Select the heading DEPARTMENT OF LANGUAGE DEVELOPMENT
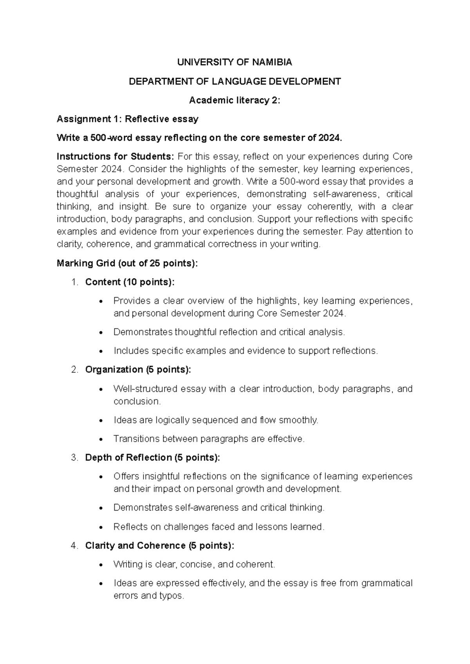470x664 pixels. (235, 81)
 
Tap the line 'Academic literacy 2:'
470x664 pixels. (235, 100)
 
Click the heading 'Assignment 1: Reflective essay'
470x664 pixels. (128, 119)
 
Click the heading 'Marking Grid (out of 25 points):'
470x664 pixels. (128, 263)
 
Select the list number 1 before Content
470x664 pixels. (74, 282)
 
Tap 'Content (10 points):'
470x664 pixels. (130, 282)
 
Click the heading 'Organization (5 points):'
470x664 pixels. (138, 370)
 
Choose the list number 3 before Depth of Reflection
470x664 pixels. (74, 458)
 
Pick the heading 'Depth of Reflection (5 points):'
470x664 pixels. (152, 458)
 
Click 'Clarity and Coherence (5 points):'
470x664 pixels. (160, 546)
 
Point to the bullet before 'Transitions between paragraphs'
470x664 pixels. (101, 440)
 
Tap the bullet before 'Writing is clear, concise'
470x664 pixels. (101, 565)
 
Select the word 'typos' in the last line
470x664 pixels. (171, 596)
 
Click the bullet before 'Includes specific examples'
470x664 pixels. (101, 352)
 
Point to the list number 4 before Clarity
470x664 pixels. (74, 546)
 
